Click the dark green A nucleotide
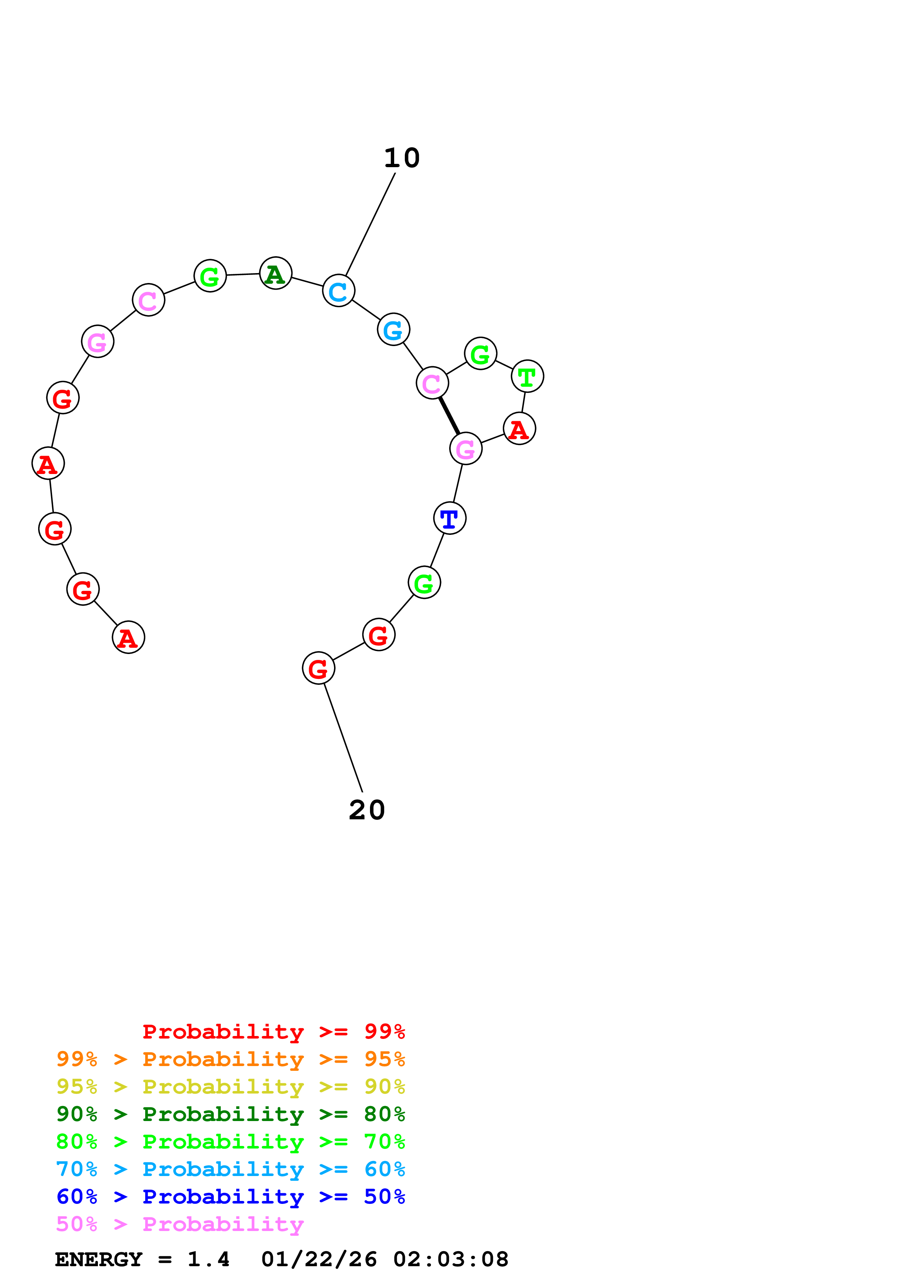click(275, 273)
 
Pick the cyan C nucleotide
click(339, 291)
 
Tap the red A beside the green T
click(520, 429)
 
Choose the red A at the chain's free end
click(129, 638)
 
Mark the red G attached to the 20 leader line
click(319, 668)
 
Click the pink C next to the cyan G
click(432, 383)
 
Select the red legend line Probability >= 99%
click(273, 1031)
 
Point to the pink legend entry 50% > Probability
click(180, 1224)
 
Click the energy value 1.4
click(208, 1260)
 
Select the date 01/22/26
click(319, 1260)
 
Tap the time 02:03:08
click(451, 1260)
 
